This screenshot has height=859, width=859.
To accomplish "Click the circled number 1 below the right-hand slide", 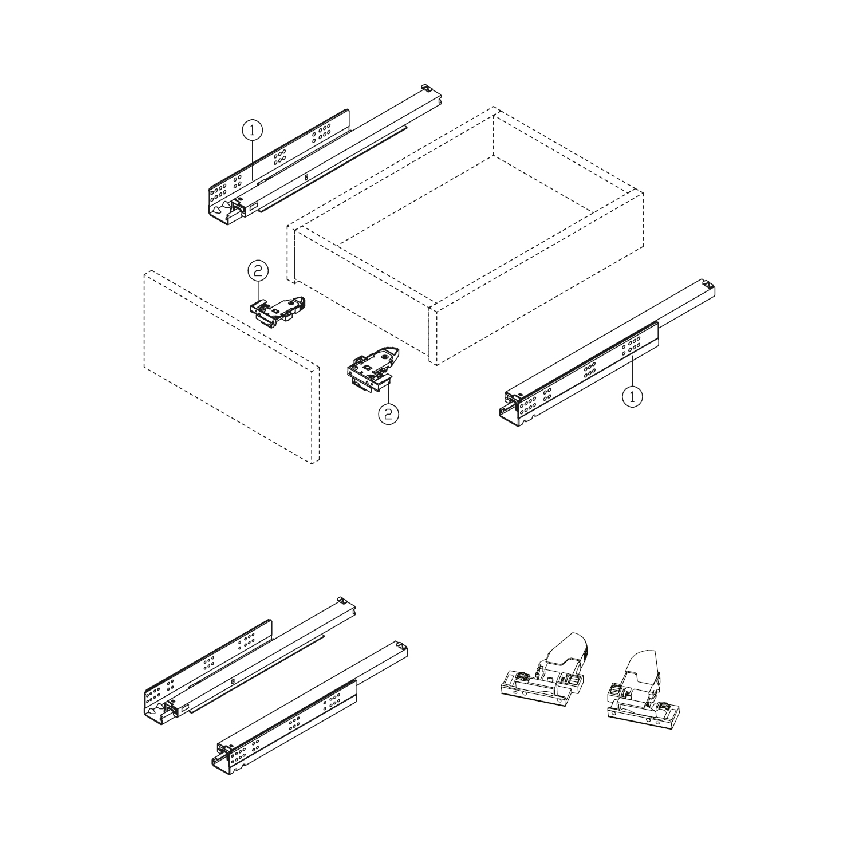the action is click(x=632, y=396).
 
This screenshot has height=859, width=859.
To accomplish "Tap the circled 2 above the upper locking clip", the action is click(x=258, y=270).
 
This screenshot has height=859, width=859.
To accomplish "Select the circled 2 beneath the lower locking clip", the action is click(x=388, y=413).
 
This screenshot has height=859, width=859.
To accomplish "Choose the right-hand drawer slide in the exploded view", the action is click(x=607, y=355).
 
